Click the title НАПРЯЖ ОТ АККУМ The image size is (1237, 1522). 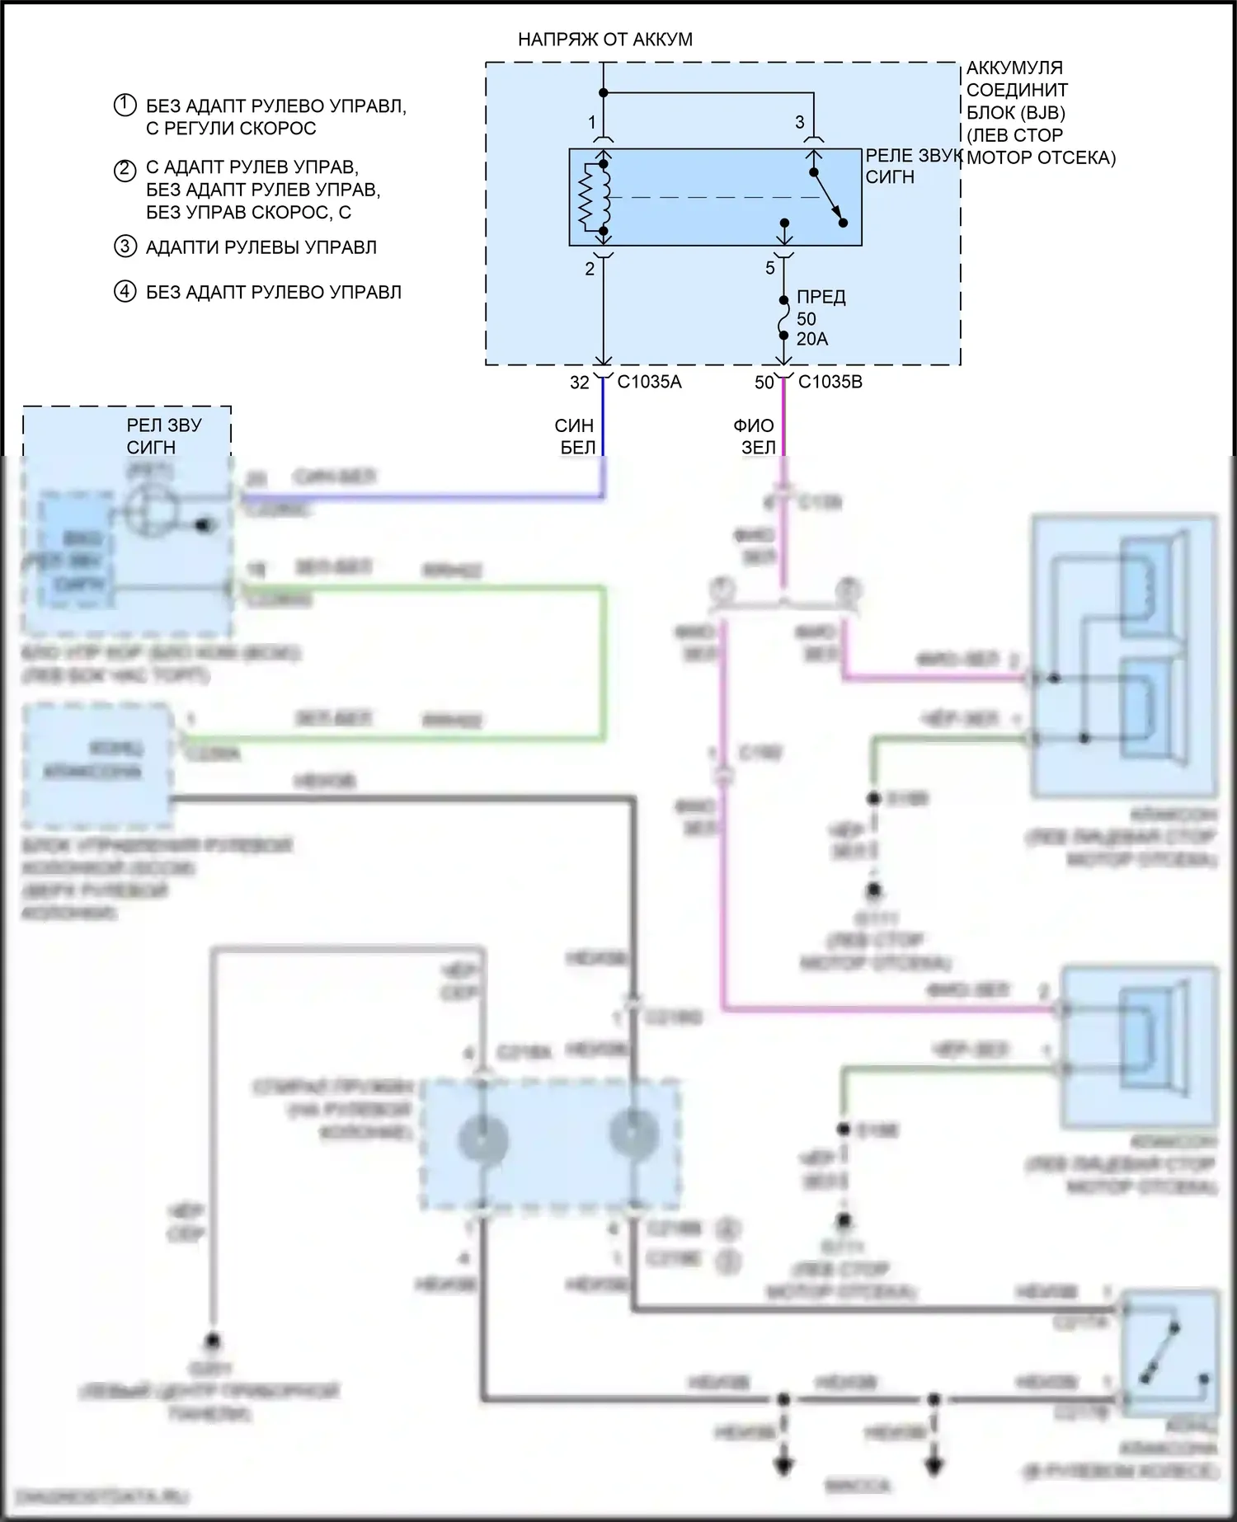point(604,40)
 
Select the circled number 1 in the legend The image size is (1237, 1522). point(125,106)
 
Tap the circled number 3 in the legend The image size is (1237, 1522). point(125,247)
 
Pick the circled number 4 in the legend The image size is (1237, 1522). point(125,292)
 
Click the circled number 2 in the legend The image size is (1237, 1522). point(125,171)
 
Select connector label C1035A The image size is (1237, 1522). point(649,383)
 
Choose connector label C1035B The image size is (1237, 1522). point(830,383)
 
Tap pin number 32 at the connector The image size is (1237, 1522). point(580,383)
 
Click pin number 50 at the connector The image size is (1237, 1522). point(764,383)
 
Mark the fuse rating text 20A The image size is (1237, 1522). point(811,339)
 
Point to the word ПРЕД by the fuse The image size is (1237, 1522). point(821,298)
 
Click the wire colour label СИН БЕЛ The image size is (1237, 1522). point(574,437)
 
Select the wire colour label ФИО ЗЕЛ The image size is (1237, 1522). point(754,437)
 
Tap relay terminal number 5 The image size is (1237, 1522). point(770,268)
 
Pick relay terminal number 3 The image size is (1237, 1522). point(799,123)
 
